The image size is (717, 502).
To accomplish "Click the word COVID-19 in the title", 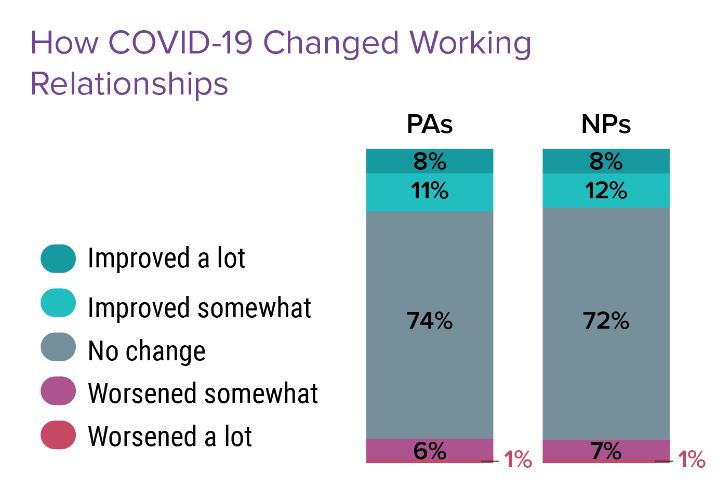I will coord(180,43).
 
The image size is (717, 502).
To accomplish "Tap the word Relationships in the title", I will coord(129,84).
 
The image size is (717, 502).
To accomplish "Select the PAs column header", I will coord(430,125).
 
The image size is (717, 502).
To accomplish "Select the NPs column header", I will coord(606,125).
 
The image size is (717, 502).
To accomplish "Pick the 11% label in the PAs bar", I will coord(430,191).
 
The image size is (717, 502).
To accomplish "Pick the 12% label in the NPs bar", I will coord(606,191).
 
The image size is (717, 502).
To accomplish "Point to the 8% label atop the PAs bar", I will coord(430,161).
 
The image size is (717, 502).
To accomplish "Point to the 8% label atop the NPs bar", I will coord(606,161).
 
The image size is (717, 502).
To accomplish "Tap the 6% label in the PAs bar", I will coord(430,451).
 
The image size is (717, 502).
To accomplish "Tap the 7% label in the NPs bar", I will coord(606,451).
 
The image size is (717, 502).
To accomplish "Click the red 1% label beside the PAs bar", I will coord(518,459).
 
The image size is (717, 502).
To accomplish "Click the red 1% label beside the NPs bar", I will coord(692,459).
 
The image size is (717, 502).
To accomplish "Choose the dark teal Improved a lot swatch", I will coord(58,259).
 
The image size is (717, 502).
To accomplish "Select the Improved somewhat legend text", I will coord(200,308).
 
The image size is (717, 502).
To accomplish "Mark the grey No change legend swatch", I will coord(58,347).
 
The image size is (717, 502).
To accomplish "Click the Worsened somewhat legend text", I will coord(203,394).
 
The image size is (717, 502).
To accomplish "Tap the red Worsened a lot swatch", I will coord(58,435).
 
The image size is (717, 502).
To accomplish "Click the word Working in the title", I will coord(470,44).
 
